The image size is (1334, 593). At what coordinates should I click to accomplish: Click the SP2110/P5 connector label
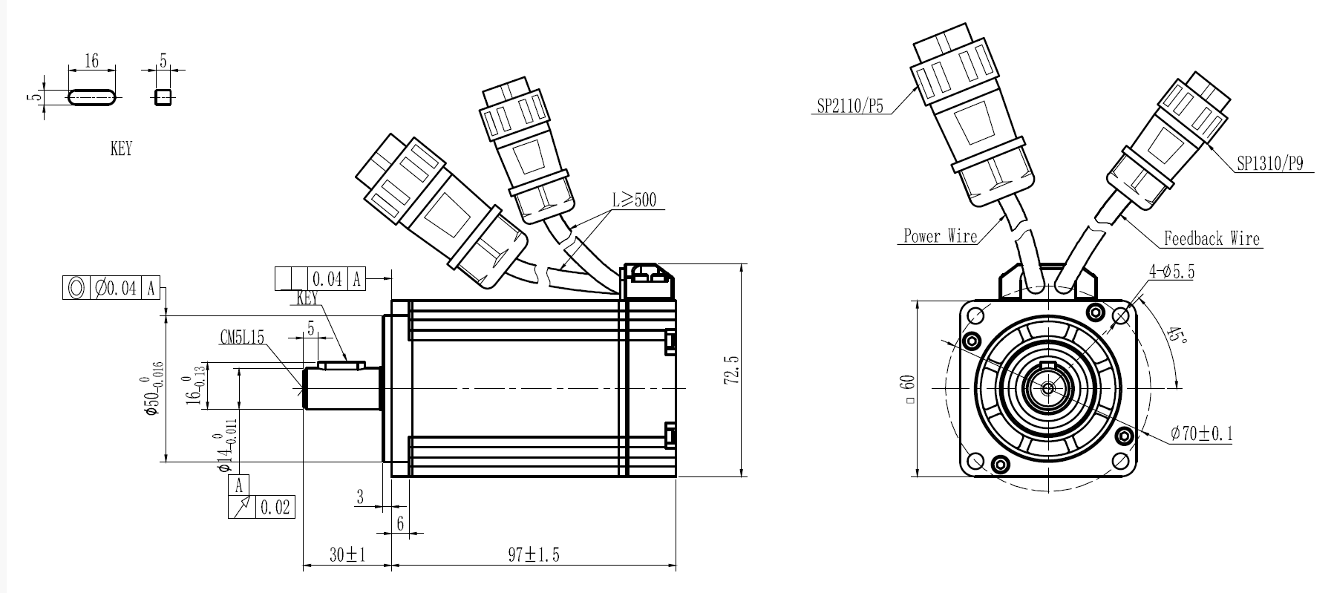click(850, 106)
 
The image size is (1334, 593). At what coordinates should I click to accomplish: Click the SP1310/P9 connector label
click(1269, 164)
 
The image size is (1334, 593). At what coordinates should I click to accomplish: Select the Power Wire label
click(940, 236)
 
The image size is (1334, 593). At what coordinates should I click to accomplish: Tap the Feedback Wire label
click(1212, 239)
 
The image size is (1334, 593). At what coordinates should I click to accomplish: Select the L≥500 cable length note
click(634, 200)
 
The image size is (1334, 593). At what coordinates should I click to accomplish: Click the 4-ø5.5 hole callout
click(1171, 272)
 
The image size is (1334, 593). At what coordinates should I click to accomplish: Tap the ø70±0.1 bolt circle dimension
click(1201, 433)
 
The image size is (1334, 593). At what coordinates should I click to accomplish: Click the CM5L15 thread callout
click(242, 338)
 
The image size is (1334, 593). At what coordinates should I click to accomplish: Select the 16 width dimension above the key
click(91, 60)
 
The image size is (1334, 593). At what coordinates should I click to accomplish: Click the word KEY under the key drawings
click(120, 148)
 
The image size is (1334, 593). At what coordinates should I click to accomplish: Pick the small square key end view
click(163, 96)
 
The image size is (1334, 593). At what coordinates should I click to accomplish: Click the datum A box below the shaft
click(239, 486)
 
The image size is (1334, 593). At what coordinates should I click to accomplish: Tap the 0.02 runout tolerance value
click(275, 508)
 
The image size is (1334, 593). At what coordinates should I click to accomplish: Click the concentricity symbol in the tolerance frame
click(75, 288)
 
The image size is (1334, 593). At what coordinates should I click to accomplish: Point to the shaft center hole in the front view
click(1047, 387)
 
